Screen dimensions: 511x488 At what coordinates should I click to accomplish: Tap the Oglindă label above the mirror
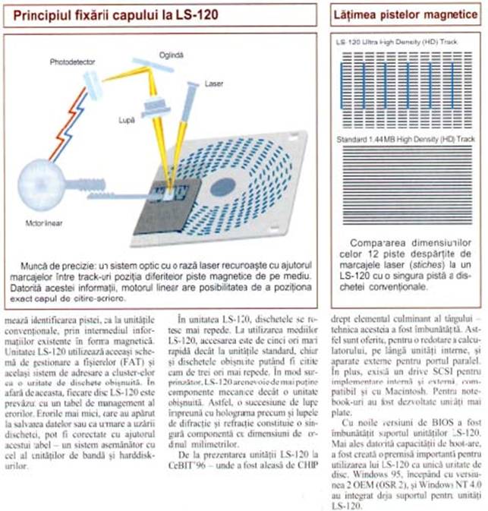coord(171,55)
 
